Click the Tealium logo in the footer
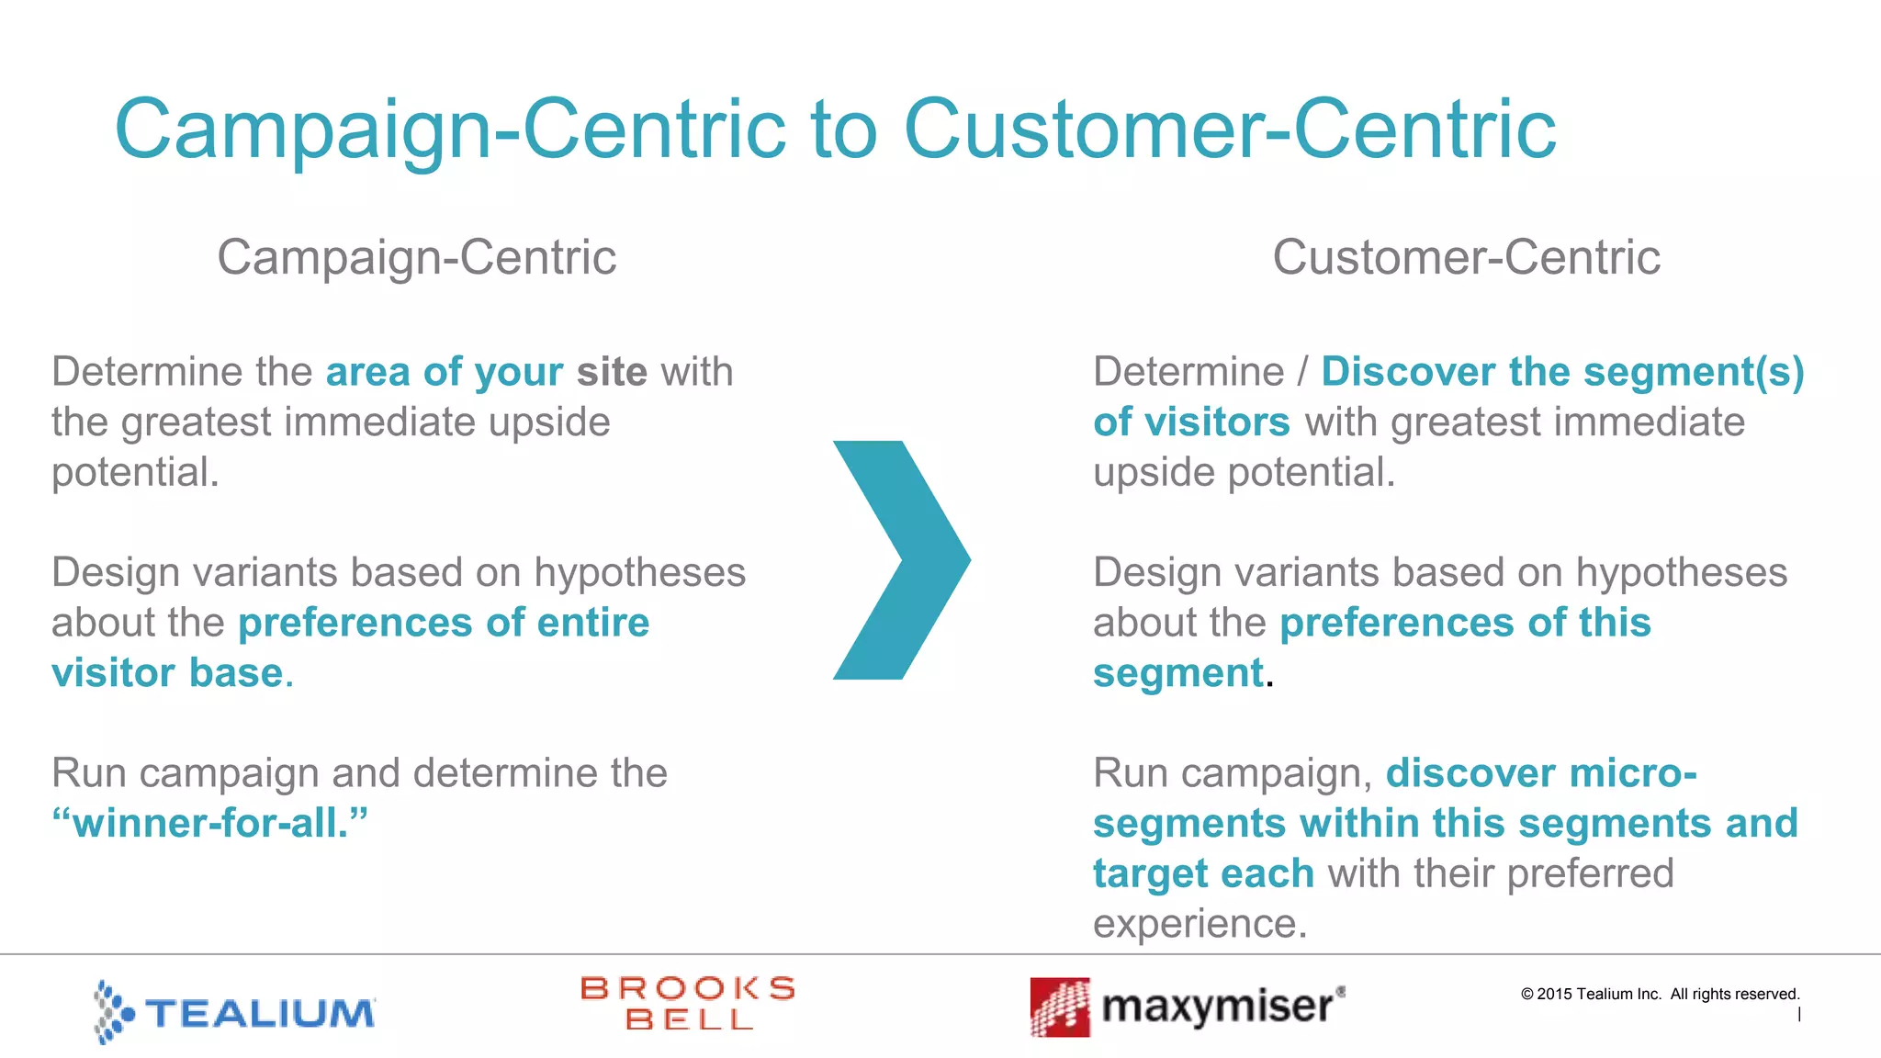point(234,1011)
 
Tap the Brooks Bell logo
point(688,1003)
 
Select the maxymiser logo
point(1187,1007)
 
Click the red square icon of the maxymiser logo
point(1060,1007)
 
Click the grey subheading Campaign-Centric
point(416,257)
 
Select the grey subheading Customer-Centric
point(1466,257)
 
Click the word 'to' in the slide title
point(843,129)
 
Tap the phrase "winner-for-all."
point(209,823)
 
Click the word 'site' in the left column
point(612,372)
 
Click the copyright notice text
point(1660,994)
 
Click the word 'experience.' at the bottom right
point(1200,924)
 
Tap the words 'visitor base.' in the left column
point(172,673)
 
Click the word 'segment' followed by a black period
point(1178,673)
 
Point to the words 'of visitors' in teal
point(1191,422)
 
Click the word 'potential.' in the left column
point(135,473)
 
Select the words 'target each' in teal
point(1203,873)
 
